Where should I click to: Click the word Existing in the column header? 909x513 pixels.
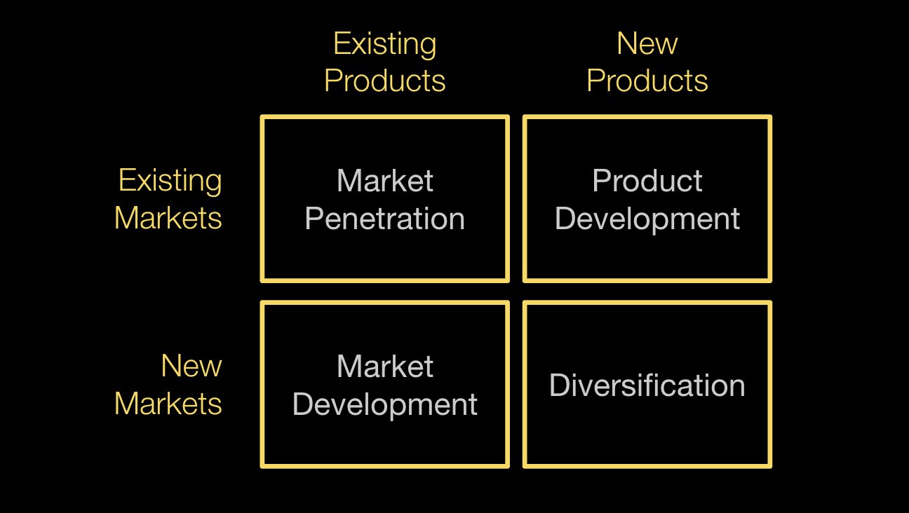pyautogui.click(x=384, y=44)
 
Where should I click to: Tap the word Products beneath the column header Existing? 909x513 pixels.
pyautogui.click(x=384, y=81)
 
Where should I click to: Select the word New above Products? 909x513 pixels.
pyautogui.click(x=647, y=44)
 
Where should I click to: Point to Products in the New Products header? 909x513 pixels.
pyautogui.click(x=647, y=81)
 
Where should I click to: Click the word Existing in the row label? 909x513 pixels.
pyautogui.click(x=170, y=181)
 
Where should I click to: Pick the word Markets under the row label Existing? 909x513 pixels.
pyautogui.click(x=168, y=218)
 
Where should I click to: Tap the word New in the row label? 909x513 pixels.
pyautogui.click(x=191, y=366)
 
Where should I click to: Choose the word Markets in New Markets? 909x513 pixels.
pyautogui.click(x=168, y=404)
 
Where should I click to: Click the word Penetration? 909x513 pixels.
pyautogui.click(x=384, y=219)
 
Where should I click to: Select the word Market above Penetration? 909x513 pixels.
pyautogui.click(x=384, y=182)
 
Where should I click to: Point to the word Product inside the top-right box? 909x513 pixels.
pyautogui.click(x=647, y=182)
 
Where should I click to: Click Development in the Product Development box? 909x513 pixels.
pyautogui.click(x=647, y=219)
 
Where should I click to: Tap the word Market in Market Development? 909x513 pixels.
pyautogui.click(x=384, y=367)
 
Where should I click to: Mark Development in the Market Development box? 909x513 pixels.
pyautogui.click(x=384, y=404)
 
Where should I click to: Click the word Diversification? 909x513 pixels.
pyautogui.click(x=647, y=385)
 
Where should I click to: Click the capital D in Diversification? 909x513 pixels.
pyautogui.click(x=558, y=385)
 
